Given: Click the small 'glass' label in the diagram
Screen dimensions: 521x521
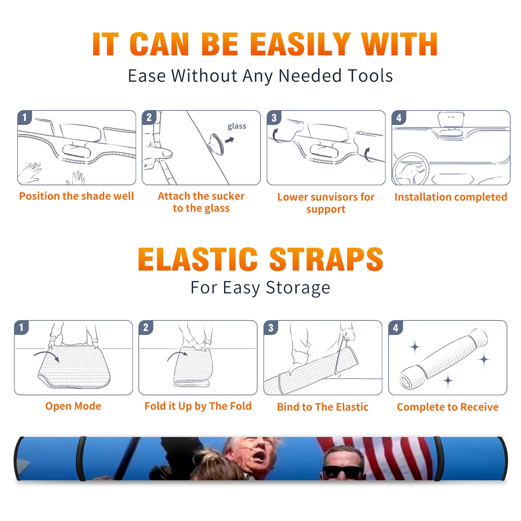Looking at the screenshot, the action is [x=237, y=126].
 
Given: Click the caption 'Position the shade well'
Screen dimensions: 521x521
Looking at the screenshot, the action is [x=77, y=196].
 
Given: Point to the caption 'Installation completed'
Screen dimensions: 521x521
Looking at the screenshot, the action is [x=451, y=197].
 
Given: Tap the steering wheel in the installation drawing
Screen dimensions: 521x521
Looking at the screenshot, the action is [x=411, y=169].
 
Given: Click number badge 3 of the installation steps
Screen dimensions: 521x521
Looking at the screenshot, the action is [x=274, y=118].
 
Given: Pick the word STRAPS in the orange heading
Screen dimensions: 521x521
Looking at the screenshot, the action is [x=326, y=259].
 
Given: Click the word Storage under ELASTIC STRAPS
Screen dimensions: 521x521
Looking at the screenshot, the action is [x=298, y=288].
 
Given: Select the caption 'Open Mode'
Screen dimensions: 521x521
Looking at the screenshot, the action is [x=73, y=406].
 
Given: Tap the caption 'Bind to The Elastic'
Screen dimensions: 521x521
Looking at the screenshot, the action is [x=322, y=407].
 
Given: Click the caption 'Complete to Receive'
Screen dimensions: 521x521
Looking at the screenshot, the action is [x=448, y=407].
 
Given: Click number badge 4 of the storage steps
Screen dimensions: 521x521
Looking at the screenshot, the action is [x=396, y=328].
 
